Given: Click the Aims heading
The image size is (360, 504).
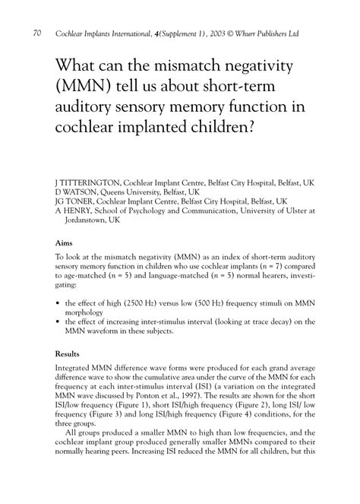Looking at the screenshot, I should point(65,244).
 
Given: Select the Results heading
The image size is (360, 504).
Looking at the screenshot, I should point(71,353).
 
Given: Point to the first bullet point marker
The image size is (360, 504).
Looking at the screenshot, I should point(58,303).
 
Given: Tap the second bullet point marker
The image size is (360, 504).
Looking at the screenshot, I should point(58,322).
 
